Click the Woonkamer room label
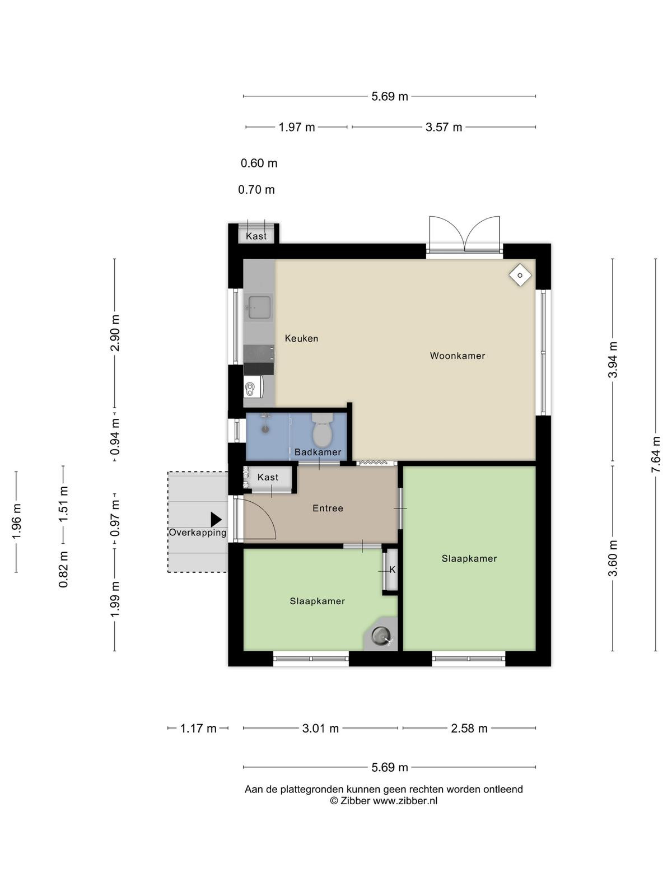pos(458,356)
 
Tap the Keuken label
pos(301,338)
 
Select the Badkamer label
pos(318,452)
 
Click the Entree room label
pos(328,508)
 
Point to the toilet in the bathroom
pos(322,430)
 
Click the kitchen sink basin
pos(259,307)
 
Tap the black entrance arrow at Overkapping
pos(216,520)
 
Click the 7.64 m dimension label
pos(655,454)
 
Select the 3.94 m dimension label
pos(613,359)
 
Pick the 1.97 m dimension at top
pos(297,127)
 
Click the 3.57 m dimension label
pos(444,127)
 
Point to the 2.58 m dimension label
pos(469,728)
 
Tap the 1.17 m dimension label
pos(198,728)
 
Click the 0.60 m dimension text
pos(259,164)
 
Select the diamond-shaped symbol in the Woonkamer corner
pos(520,275)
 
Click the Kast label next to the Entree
pos(268,477)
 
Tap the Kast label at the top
pos(256,236)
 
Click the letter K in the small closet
pos(393,570)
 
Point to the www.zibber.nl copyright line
pos(384,801)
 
